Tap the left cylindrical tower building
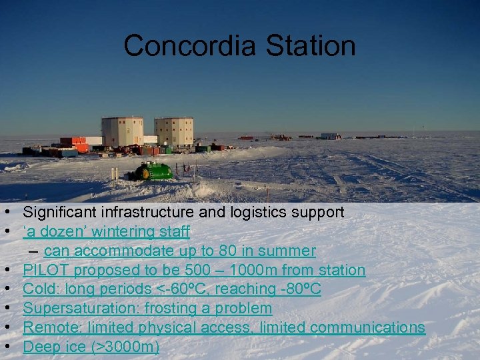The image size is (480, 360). (122, 132)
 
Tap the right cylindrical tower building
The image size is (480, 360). (174, 132)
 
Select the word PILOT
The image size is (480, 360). (46, 271)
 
